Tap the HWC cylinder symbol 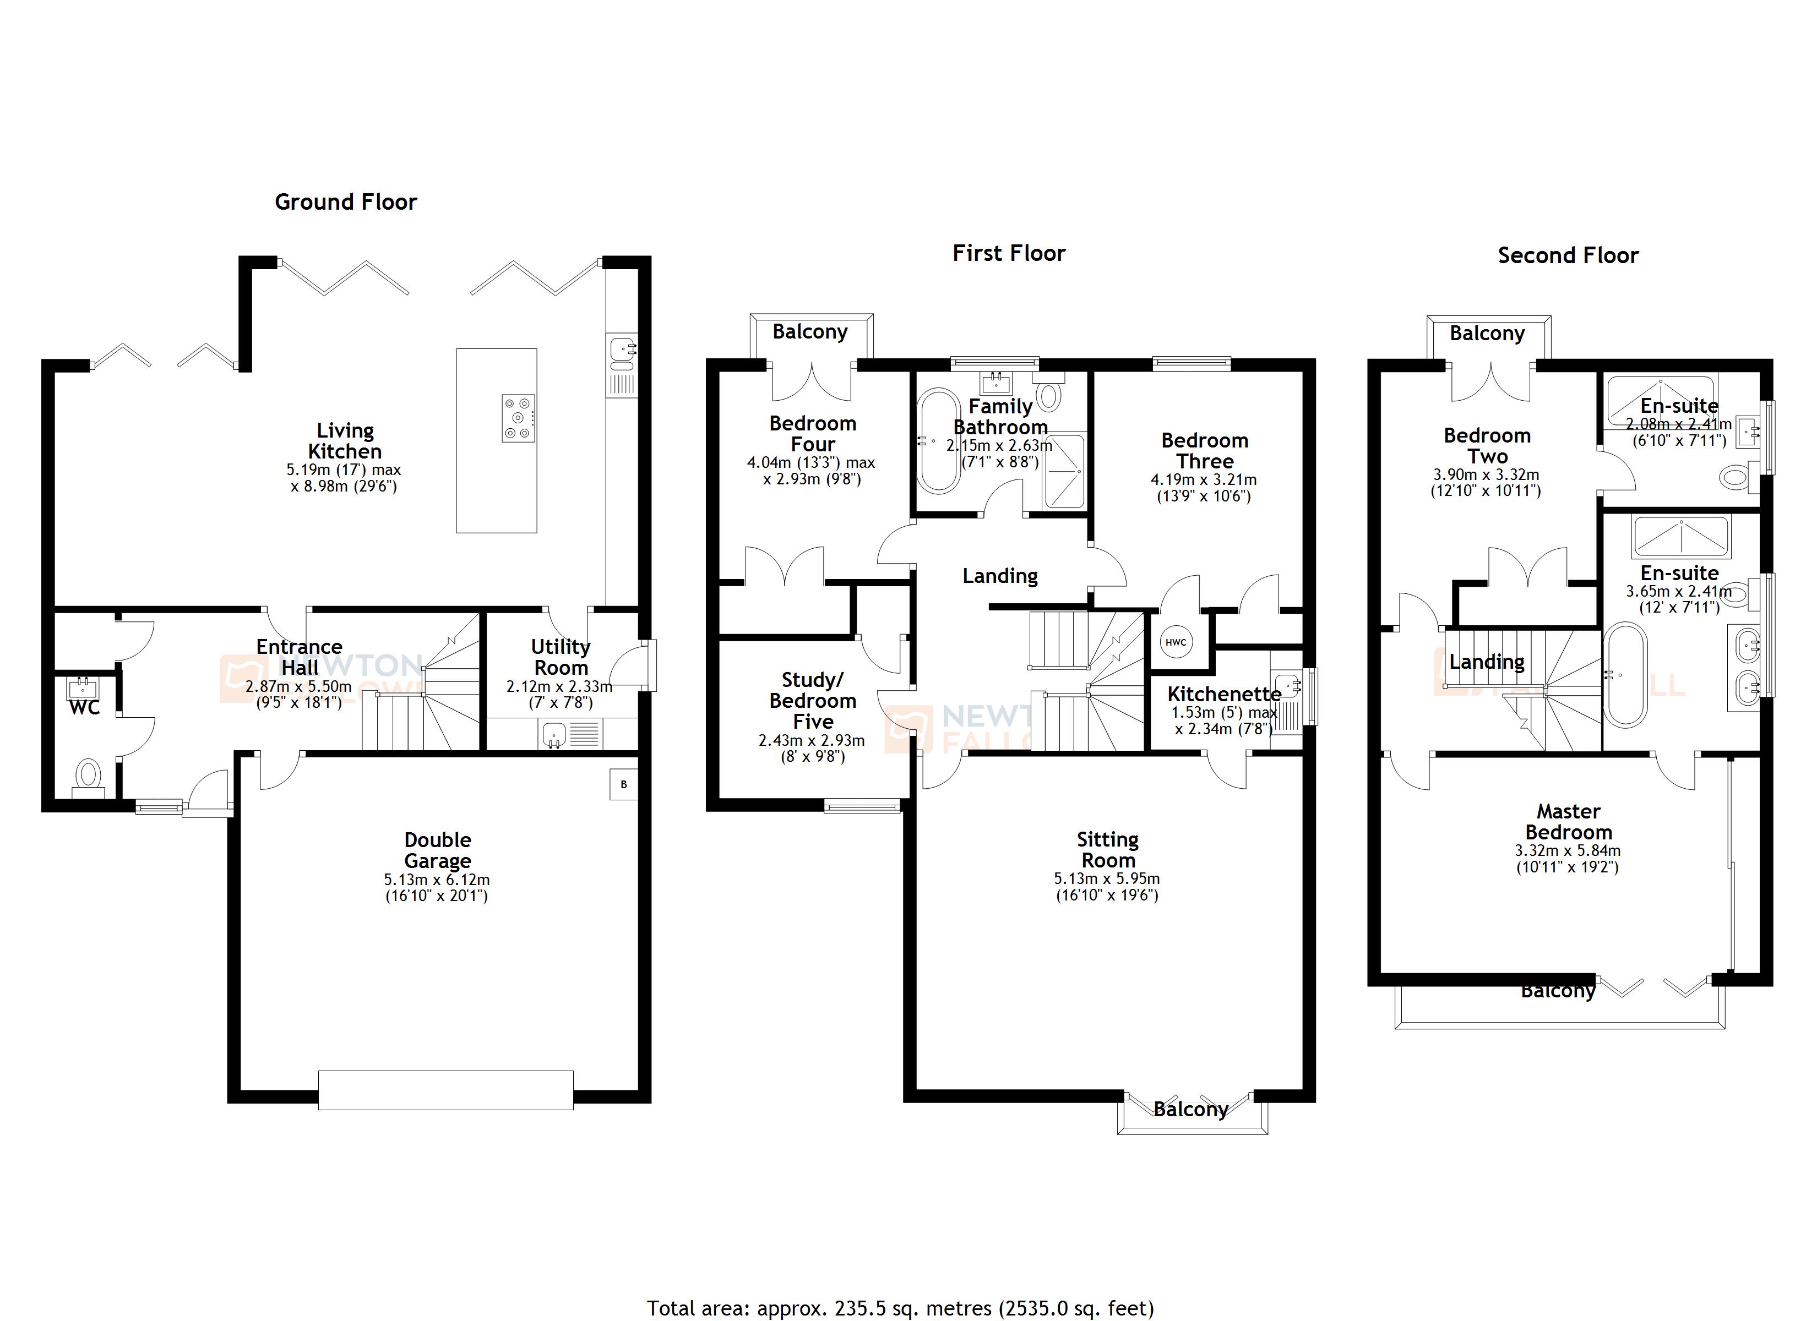1176,642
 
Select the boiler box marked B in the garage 623,784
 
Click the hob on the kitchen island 518,417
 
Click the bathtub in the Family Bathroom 938,440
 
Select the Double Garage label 437,850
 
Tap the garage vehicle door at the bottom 445,1089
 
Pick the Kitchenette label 1223,694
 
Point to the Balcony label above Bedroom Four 810,332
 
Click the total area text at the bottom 900,1308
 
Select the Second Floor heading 1568,255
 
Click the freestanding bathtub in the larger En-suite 1625,674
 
